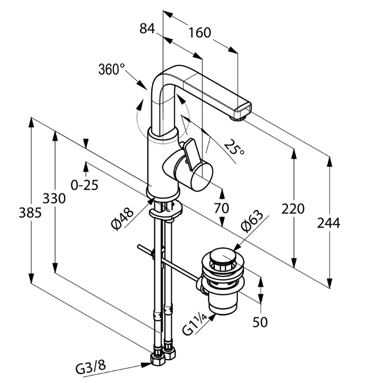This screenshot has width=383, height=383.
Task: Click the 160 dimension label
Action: [x=200, y=33]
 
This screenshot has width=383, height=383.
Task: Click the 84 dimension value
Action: [x=148, y=29]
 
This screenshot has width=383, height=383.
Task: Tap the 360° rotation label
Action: [x=112, y=70]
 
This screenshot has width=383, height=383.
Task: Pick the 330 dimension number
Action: [x=54, y=199]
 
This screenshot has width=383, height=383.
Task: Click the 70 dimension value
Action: [x=222, y=208]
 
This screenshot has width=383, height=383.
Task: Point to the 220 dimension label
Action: [x=293, y=210]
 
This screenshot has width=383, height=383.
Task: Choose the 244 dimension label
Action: [x=329, y=223]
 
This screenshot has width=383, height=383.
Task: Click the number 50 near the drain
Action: [x=260, y=322]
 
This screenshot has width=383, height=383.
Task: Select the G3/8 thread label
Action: [x=91, y=368]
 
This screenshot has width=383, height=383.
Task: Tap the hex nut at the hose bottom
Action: [x=156, y=360]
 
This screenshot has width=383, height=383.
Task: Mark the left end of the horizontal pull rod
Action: [x=138, y=247]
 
